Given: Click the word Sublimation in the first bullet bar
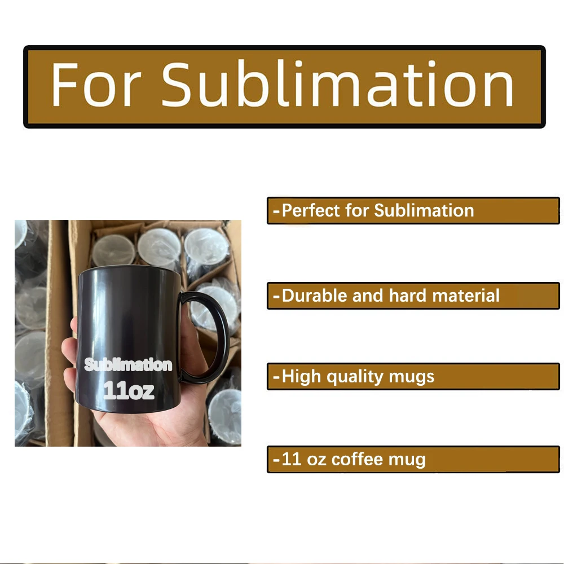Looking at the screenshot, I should (424, 210).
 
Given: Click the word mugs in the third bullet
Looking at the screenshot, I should (413, 377).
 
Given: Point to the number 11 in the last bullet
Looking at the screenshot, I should (291, 459).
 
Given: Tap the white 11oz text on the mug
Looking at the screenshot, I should (129, 391).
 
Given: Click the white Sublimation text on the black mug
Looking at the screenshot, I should (128, 365).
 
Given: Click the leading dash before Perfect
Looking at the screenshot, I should (276, 211).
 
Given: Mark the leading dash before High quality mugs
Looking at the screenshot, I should (276, 377).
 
